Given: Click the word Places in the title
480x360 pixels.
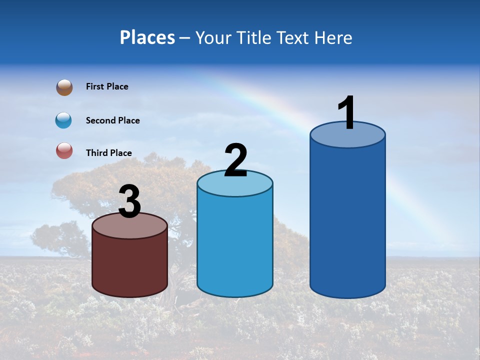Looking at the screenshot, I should (x=147, y=37).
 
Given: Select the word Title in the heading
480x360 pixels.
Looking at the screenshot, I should (x=256, y=37).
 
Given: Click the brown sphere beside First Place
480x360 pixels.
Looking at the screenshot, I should (x=64, y=87).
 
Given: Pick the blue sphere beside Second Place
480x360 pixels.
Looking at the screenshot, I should (x=64, y=120).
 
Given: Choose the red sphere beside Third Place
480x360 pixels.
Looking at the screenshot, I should (x=64, y=150).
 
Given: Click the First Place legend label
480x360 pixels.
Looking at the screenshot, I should (x=107, y=86).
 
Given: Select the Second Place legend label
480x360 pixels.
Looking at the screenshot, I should (x=112, y=120).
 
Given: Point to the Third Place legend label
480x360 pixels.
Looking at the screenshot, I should (x=109, y=153).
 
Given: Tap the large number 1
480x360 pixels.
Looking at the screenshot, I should (x=347, y=112).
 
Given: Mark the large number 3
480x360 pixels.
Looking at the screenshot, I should (x=130, y=202).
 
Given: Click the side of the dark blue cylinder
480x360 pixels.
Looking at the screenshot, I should (x=347, y=220).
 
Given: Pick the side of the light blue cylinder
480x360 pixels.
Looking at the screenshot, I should (x=235, y=245).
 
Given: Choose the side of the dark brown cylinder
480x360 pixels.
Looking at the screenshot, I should (x=130, y=265).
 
